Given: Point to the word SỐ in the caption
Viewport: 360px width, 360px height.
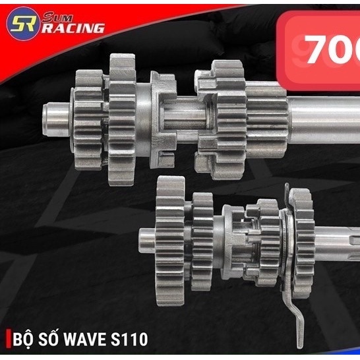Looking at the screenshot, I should pyautogui.click(x=55, y=340).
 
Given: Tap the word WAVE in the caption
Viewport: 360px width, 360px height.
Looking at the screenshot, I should pyautogui.click(x=92, y=340).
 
